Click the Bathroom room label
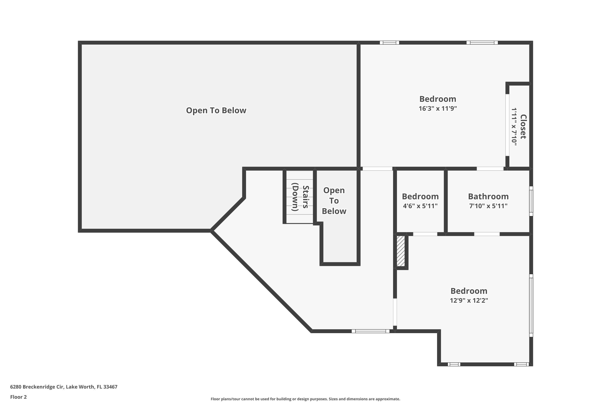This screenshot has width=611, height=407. click(488, 197)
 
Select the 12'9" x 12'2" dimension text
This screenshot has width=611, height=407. click(469, 301)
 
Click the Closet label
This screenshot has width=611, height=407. click(523, 127)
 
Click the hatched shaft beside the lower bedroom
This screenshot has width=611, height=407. click(401, 251)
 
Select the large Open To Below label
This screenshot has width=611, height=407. click(216, 111)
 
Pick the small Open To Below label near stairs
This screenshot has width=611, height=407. click(334, 201)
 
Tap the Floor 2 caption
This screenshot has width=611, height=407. click(19, 397)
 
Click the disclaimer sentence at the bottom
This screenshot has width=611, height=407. click(305, 399)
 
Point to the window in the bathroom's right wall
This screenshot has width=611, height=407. click(531, 201)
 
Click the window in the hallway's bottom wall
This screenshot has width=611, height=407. click(370, 331)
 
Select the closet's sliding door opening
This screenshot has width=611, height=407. click(507, 125)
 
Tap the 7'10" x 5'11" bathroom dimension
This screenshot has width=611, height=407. click(488, 206)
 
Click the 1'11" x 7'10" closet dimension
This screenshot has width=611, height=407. click(514, 127)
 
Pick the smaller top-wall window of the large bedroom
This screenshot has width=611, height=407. click(389, 43)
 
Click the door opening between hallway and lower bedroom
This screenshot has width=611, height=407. click(395, 312)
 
